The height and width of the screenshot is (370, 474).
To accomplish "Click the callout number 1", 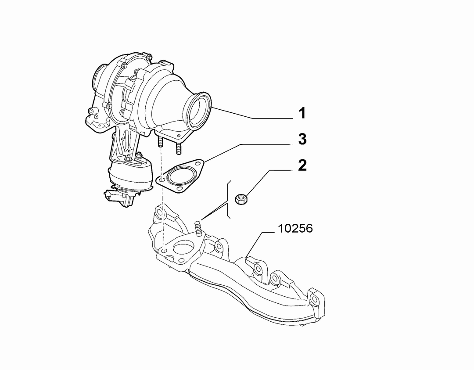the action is [x=302, y=113].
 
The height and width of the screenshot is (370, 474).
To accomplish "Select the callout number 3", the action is [x=302, y=139].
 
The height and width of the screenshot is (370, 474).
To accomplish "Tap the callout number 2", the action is [x=302, y=165].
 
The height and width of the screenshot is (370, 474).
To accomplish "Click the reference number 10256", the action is [x=295, y=229].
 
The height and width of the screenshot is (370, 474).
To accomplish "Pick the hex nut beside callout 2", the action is [x=241, y=199].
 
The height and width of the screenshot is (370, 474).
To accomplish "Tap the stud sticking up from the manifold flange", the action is [x=197, y=229].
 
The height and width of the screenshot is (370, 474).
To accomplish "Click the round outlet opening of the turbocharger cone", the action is [x=198, y=111].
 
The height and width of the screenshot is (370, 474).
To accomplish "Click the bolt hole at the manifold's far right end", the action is [x=315, y=300].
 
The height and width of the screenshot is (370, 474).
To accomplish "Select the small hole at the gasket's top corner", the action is [x=197, y=164].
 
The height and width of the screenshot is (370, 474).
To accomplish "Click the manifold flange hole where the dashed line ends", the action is [x=164, y=251].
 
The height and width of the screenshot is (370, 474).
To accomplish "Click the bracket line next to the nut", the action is [x=229, y=199].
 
